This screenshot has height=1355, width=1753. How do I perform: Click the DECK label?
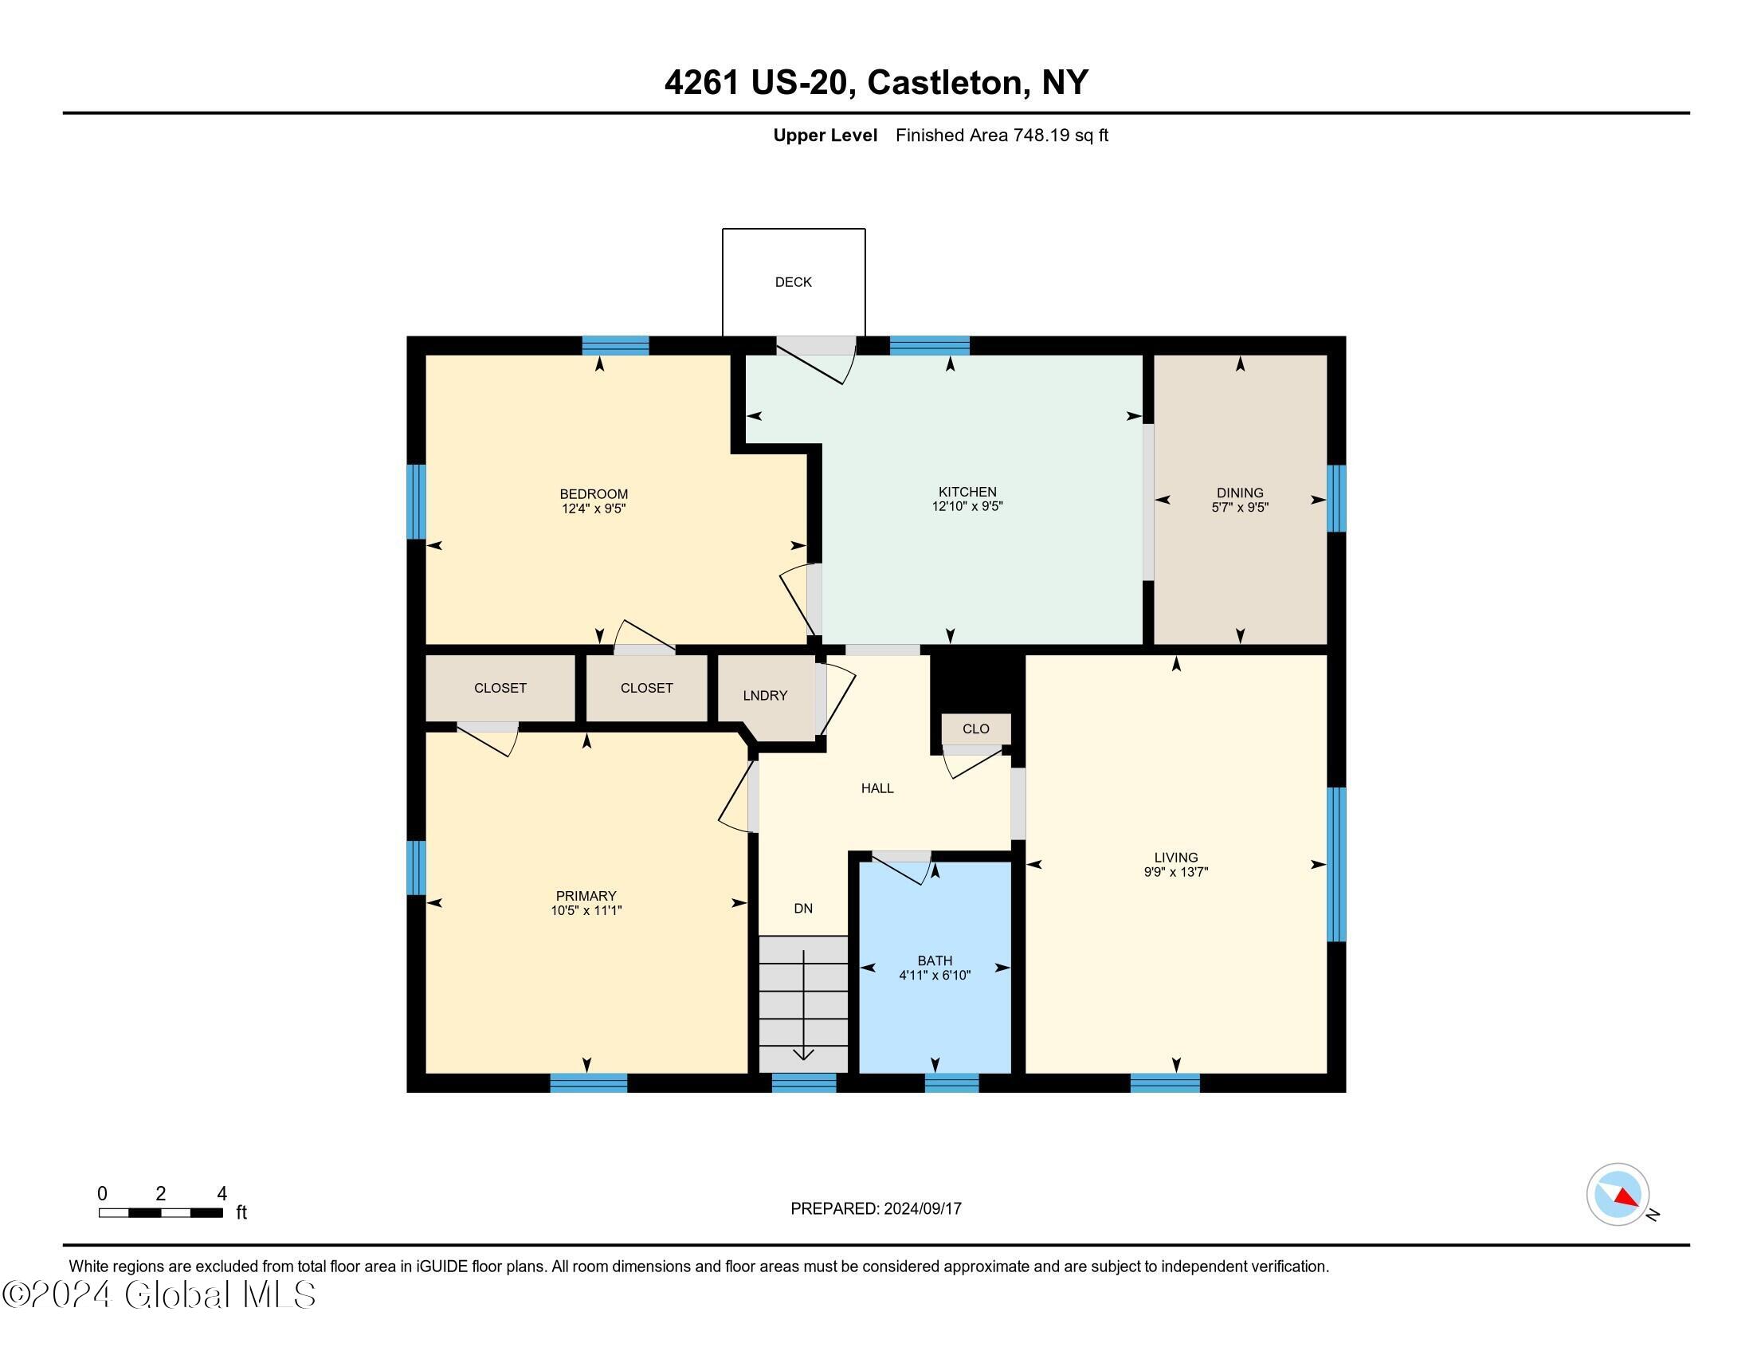pyautogui.click(x=793, y=281)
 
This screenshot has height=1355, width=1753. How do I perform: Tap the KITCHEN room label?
pyautogui.click(x=967, y=492)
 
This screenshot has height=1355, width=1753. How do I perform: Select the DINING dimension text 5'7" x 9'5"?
pyautogui.click(x=1239, y=507)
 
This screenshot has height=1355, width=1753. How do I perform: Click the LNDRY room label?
pyautogui.click(x=765, y=696)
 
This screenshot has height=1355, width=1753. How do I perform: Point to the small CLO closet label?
pyautogui.click(x=975, y=729)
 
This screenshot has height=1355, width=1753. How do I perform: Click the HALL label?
pyautogui.click(x=877, y=788)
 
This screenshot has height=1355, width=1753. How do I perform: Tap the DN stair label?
pyautogui.click(x=802, y=909)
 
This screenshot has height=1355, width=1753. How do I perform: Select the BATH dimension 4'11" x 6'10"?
pyautogui.click(x=935, y=976)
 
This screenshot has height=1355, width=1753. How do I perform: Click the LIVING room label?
pyautogui.click(x=1176, y=858)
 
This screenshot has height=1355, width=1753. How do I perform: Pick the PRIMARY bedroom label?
pyautogui.click(x=586, y=896)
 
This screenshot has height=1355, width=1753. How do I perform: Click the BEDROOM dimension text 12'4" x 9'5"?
pyautogui.click(x=593, y=509)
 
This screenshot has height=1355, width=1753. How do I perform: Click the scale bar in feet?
pyautogui.click(x=160, y=1212)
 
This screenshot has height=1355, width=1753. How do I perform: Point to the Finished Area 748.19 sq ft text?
pyautogui.click(x=1001, y=135)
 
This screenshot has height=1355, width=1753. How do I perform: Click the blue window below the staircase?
pyautogui.click(x=803, y=1083)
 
